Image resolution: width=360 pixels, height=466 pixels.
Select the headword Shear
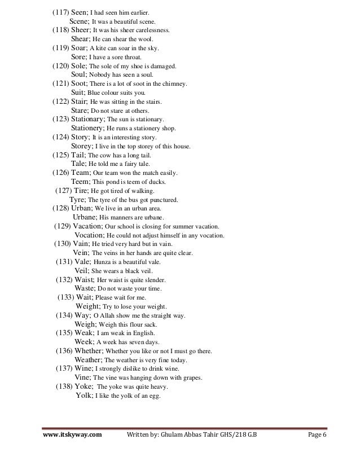(x=82, y=39)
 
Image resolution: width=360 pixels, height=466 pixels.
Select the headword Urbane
(x=85, y=218)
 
